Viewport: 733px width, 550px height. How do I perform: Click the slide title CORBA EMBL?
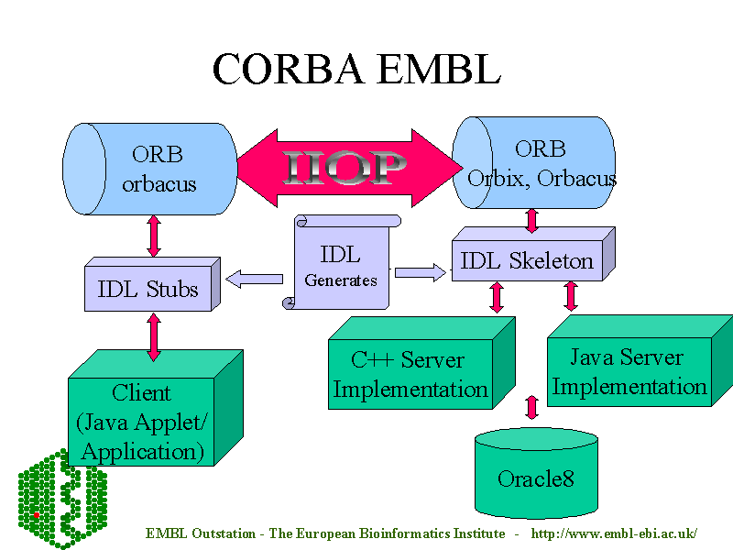pyautogui.click(x=356, y=69)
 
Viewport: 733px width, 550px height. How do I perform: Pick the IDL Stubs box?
pyautogui.click(x=148, y=289)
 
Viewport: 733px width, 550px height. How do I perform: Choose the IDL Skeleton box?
pyautogui.click(x=527, y=261)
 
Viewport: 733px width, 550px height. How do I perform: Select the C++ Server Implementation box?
pyautogui.click(x=410, y=374)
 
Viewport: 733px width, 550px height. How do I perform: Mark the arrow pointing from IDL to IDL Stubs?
pyautogui.click(x=254, y=278)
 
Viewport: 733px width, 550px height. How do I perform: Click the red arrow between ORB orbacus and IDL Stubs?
pyautogui.click(x=154, y=236)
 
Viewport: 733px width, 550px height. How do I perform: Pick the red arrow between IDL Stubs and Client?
pyautogui.click(x=154, y=336)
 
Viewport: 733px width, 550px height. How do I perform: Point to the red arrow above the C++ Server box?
pyautogui.click(x=498, y=297)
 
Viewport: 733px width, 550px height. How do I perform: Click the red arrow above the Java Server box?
pyautogui.click(x=571, y=295)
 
